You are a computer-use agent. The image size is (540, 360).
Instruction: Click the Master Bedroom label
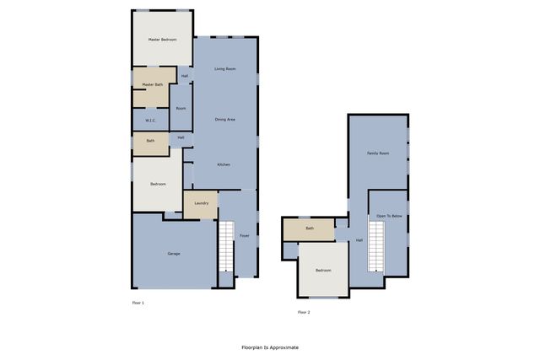pos(162,40)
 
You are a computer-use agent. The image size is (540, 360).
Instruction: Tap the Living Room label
pos(224,68)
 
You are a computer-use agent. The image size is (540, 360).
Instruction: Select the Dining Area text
pos(224,119)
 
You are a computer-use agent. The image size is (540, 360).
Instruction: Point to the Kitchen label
pos(224,164)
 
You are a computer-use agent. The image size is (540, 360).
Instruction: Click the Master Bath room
pos(153,84)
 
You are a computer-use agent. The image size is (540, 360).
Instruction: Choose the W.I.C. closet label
pos(150,120)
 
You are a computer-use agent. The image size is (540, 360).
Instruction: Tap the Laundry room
pos(201,203)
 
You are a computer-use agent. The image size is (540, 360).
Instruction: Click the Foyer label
pos(244,235)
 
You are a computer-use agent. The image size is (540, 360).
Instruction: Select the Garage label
pos(174,253)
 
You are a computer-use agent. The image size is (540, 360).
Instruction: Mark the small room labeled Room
pos(181,108)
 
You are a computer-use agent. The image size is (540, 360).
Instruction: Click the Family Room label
pos(378,153)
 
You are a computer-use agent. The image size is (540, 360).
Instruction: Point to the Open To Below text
pos(390,216)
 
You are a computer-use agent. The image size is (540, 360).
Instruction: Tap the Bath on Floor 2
pos(310,228)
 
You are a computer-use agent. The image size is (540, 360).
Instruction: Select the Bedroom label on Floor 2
pos(323,270)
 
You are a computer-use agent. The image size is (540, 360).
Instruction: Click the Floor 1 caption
pos(138,302)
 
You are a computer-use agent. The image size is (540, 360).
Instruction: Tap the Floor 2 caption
pos(304,312)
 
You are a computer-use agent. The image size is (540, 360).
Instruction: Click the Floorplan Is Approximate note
pos(270,347)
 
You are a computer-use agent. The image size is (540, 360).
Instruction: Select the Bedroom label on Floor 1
pos(159,184)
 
